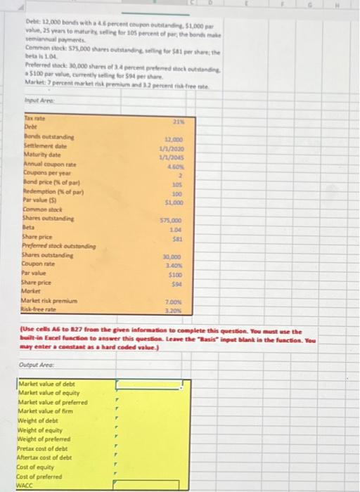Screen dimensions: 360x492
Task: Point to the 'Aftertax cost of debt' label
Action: (46, 457)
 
